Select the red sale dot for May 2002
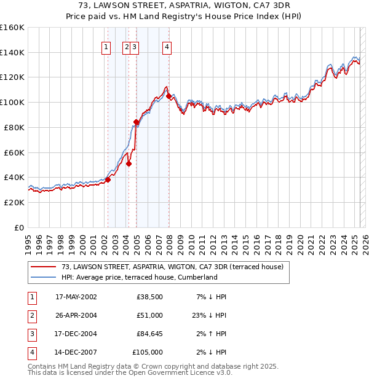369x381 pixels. click(108, 179)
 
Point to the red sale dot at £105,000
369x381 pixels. click(169, 96)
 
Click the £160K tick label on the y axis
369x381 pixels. click(12, 28)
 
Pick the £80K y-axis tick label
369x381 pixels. click(14, 127)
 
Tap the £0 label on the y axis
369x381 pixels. click(19, 227)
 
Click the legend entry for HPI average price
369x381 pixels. click(140, 277)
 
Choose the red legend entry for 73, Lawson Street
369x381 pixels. click(172, 267)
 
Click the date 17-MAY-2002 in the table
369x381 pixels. click(76, 297)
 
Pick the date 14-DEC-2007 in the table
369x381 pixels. click(76, 352)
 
